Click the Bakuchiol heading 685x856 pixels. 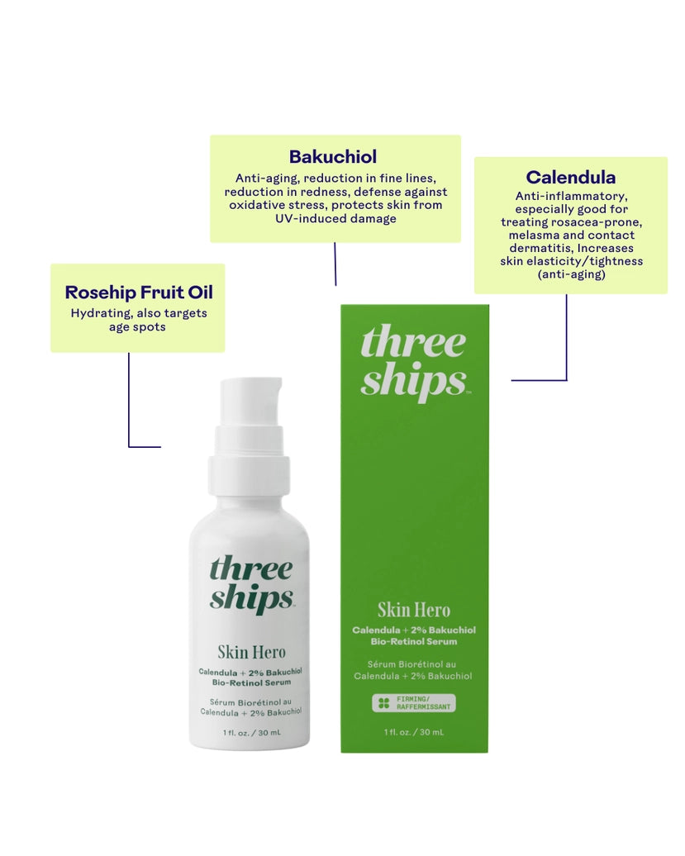pyautogui.click(x=333, y=157)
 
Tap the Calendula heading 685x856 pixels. pyautogui.click(x=570, y=178)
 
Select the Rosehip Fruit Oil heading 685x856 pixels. pyautogui.click(x=139, y=292)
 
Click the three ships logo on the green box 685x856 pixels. pyautogui.click(x=414, y=362)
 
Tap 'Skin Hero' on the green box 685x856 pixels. pyautogui.click(x=414, y=611)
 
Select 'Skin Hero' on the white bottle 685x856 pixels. pyautogui.click(x=252, y=652)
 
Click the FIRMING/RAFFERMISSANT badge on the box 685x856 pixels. pyautogui.click(x=414, y=702)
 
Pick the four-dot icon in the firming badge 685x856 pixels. pyautogui.click(x=383, y=703)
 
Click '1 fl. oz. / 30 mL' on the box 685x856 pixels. pyautogui.click(x=414, y=732)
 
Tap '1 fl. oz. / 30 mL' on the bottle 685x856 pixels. pyautogui.click(x=252, y=733)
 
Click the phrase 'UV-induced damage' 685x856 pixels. pyautogui.click(x=335, y=218)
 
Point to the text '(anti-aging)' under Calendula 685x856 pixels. pyautogui.click(x=572, y=274)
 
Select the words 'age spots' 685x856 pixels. pyautogui.click(x=137, y=327)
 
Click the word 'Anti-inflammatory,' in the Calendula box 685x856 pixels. pyautogui.click(x=572, y=196)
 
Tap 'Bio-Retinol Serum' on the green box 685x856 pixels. pyautogui.click(x=414, y=641)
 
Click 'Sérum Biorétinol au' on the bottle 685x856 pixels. pyautogui.click(x=250, y=702)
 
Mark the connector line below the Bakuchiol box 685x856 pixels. pyautogui.click(x=335, y=264)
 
